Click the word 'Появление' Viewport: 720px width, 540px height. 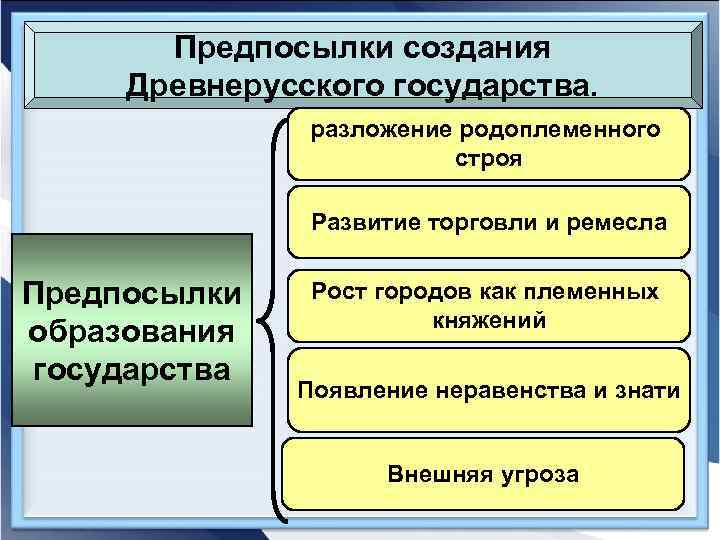tap(350, 389)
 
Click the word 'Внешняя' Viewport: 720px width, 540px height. tap(435, 474)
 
